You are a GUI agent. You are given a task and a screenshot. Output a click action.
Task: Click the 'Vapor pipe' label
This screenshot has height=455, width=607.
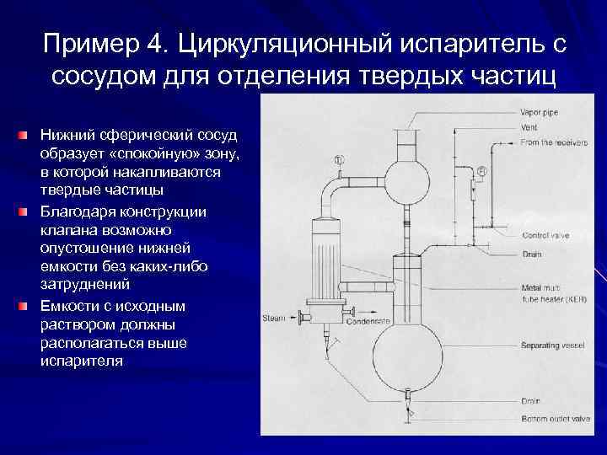point(541,112)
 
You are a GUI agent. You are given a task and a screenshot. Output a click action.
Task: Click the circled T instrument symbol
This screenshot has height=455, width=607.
point(338,159)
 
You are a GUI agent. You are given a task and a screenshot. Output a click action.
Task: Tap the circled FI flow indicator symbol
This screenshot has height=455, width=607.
point(481,173)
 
